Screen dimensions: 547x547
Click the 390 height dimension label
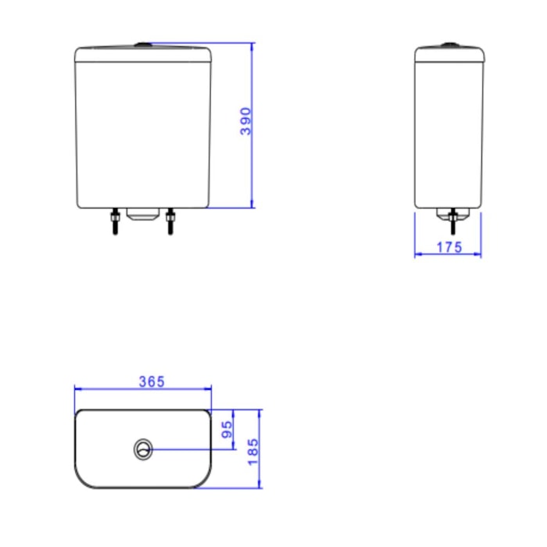tap(245, 121)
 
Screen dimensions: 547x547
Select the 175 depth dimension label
tap(449, 248)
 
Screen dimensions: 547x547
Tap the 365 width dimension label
tap(152, 381)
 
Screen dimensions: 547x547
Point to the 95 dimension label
tap(227, 430)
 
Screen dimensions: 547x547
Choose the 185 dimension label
tap(253, 452)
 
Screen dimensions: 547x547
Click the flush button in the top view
tap(143, 449)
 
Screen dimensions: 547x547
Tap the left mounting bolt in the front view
tap(115, 221)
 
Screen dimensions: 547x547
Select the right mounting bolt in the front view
tap(170, 221)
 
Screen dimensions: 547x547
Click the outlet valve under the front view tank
tap(143, 214)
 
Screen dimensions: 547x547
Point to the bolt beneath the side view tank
tap(452, 221)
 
